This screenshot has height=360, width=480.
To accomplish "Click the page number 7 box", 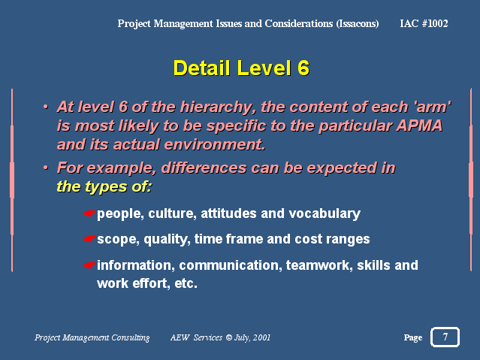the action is click(x=445, y=337).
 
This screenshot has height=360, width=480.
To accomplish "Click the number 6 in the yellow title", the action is click(x=303, y=68).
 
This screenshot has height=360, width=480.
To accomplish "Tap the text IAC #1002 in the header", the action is click(x=424, y=23).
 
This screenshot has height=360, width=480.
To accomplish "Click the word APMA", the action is click(x=419, y=126).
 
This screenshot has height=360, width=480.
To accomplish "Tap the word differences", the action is click(x=204, y=168).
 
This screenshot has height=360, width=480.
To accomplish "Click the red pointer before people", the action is click(x=89, y=213).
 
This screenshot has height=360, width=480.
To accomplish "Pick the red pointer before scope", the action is click(x=89, y=239).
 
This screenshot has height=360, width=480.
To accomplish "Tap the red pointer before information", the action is click(x=89, y=265).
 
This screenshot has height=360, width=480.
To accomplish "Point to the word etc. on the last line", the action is click(x=186, y=283).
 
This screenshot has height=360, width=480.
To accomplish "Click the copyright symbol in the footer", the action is click(x=229, y=337).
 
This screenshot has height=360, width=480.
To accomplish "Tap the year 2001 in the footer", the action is click(x=261, y=337).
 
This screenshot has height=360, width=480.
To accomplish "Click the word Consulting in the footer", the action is click(x=131, y=337).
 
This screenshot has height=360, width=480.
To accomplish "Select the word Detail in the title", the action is click(x=201, y=68).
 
